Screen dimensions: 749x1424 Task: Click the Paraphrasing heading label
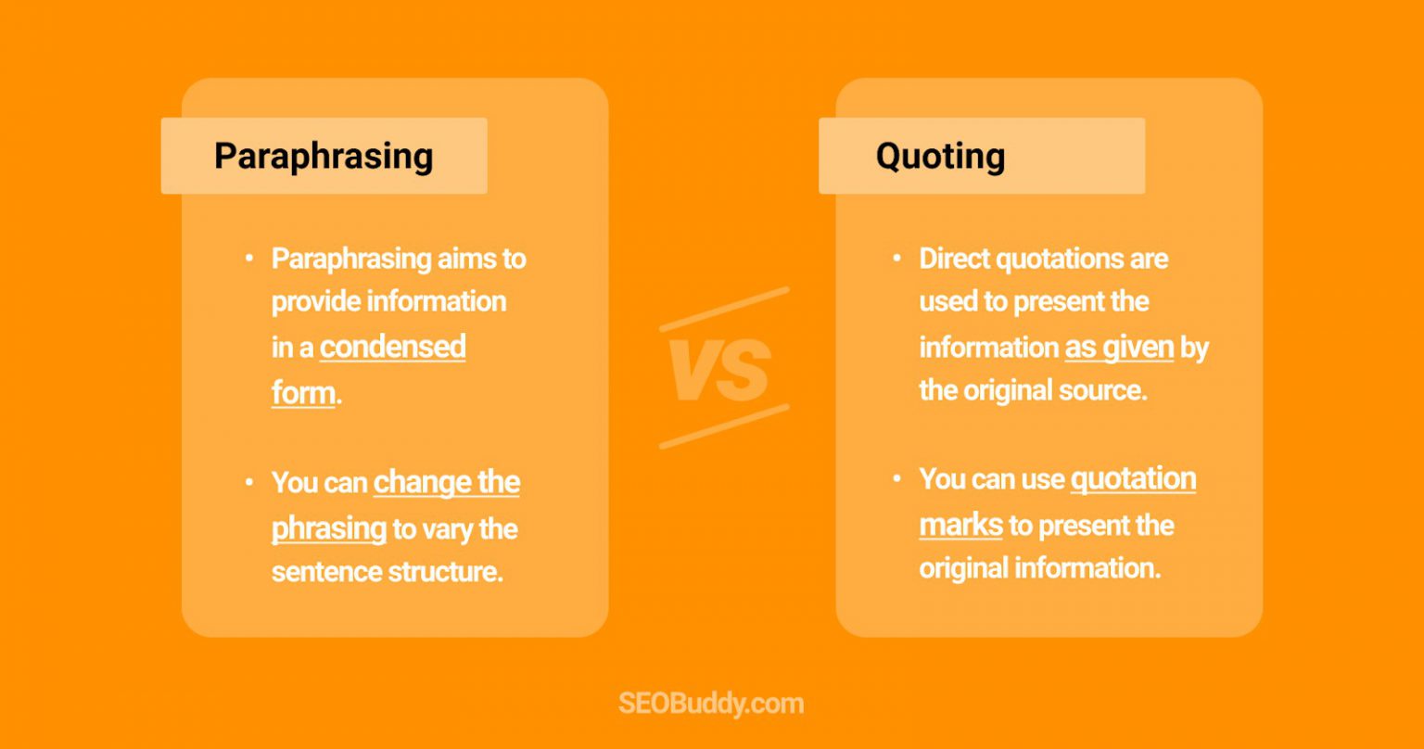click(324, 156)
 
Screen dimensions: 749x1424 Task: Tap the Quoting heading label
click(940, 156)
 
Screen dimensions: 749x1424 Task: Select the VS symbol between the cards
click(719, 370)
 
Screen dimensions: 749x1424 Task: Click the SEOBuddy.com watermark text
click(711, 704)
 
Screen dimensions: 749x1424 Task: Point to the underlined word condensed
click(392, 347)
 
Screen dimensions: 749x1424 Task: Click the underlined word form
click(302, 392)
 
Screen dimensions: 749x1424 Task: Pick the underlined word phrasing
click(328, 528)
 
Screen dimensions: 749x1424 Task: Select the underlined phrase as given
click(1119, 348)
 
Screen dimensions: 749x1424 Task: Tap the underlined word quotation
click(1133, 479)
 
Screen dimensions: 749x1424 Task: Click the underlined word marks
click(960, 526)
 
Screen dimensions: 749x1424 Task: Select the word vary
click(449, 529)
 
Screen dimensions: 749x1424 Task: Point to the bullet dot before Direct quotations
click(896, 257)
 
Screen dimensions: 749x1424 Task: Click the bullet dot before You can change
click(248, 482)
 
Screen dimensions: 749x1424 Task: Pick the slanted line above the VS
click(724, 309)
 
